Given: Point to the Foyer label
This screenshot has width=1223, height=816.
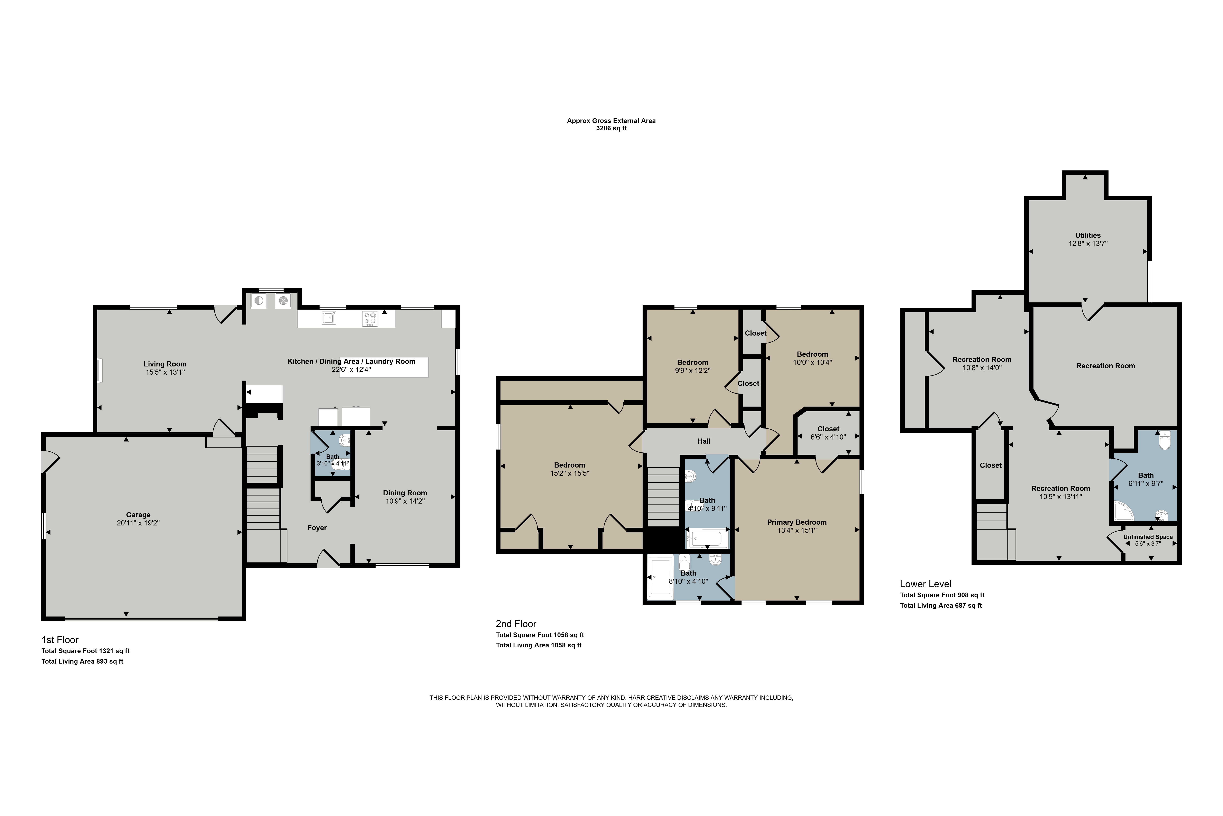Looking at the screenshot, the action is coord(317,528).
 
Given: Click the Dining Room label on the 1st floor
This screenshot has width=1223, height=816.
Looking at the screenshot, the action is coord(405,493).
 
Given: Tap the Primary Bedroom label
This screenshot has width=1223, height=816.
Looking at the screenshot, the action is coord(797,522).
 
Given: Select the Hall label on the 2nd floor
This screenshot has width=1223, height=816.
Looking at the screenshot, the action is coord(704,441).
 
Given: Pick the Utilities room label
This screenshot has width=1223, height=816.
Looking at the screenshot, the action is coord(1088,235).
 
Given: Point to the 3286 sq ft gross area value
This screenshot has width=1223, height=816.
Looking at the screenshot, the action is coord(611,128).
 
